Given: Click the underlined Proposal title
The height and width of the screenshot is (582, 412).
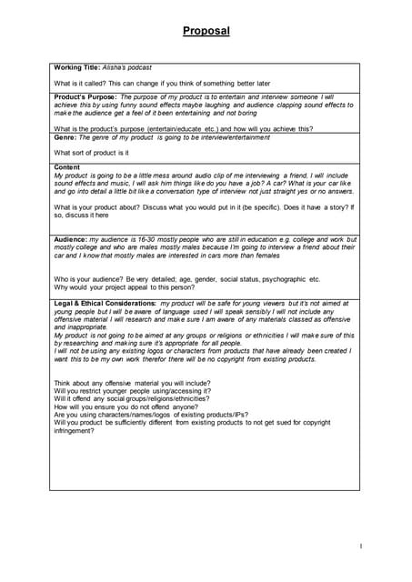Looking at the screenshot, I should pyautogui.click(x=206, y=31).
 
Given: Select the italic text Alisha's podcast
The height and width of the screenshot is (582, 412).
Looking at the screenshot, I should pyautogui.click(x=128, y=68).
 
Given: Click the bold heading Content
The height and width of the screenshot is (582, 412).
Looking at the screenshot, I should pyautogui.click(x=67, y=167).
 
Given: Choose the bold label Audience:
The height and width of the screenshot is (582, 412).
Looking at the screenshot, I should pyautogui.click(x=71, y=238).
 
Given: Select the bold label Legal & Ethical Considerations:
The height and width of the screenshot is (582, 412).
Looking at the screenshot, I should pyautogui.click(x=106, y=301).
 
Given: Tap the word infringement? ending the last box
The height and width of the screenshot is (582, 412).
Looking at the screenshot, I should pyautogui.click(x=75, y=430).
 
